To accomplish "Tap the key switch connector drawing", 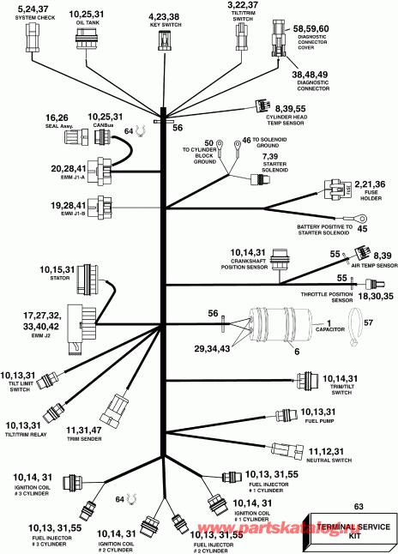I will point(164,39).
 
